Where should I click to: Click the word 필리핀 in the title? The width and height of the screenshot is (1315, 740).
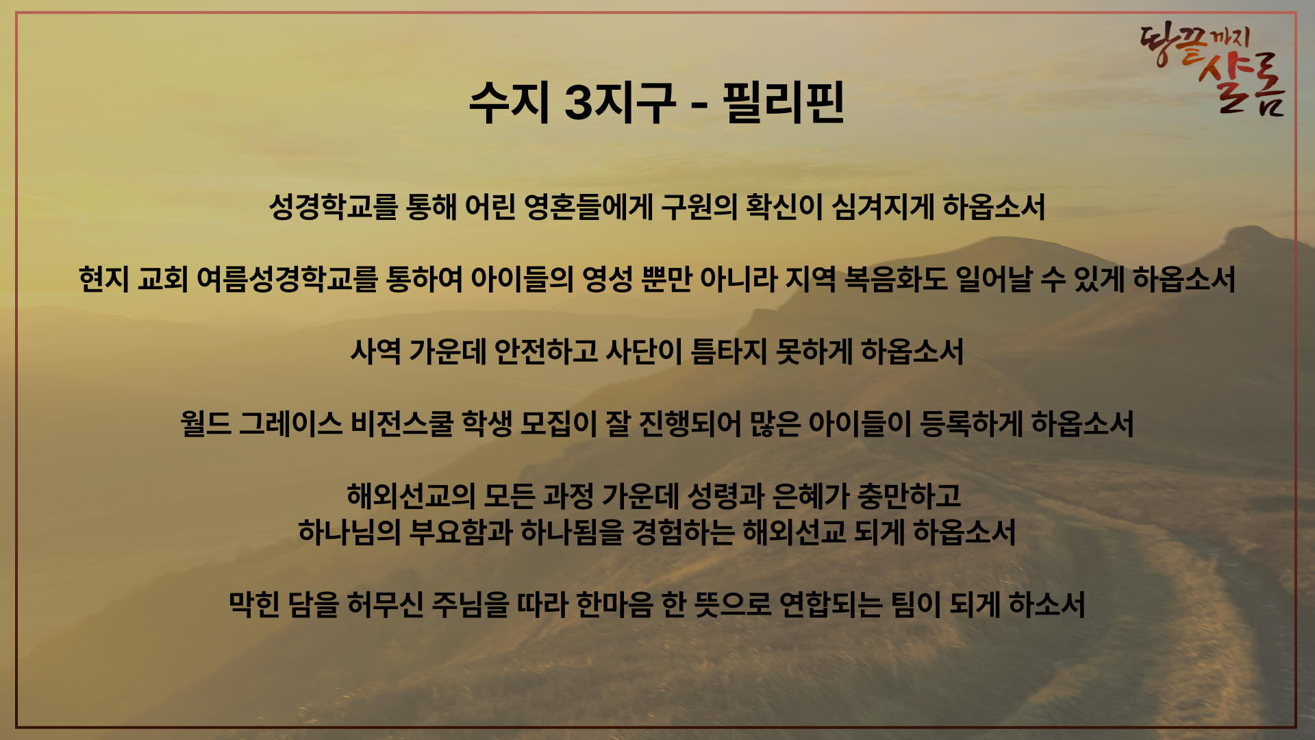(783, 103)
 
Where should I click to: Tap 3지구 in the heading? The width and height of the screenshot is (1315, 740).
(621, 103)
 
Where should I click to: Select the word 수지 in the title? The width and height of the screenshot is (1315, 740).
(510, 103)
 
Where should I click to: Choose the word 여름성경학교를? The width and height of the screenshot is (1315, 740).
(287, 280)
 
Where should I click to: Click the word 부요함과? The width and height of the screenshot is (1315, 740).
(461, 532)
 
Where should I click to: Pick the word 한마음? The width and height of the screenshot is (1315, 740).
(614, 605)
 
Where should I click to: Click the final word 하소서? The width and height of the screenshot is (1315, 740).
(1047, 605)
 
